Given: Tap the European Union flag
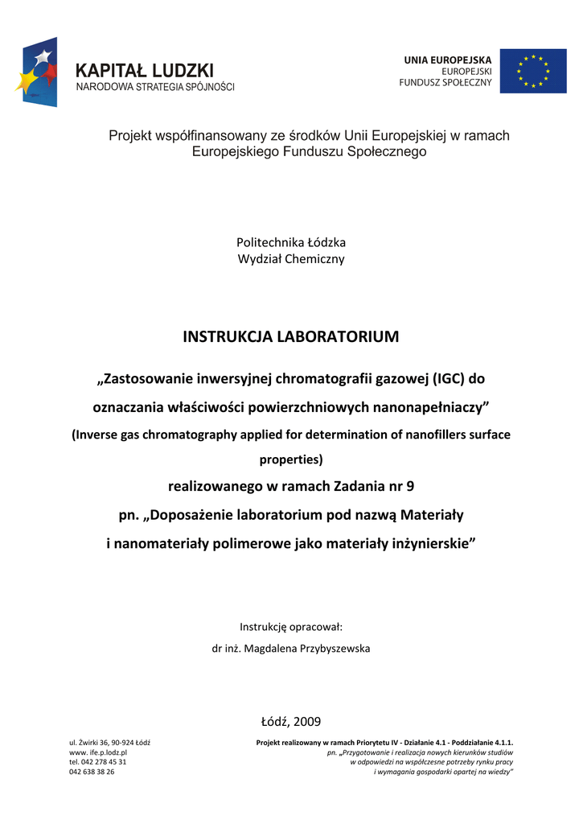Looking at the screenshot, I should (x=533, y=71).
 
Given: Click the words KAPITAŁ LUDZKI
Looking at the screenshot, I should (x=145, y=71).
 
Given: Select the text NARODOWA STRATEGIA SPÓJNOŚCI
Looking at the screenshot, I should (x=155, y=87).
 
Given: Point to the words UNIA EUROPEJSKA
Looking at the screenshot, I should (x=447, y=60).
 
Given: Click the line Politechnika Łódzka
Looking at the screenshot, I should (x=291, y=242).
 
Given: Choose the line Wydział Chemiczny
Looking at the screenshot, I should (x=291, y=259).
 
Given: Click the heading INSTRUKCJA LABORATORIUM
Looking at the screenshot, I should (x=291, y=336).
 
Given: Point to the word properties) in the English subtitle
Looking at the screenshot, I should (x=291, y=460).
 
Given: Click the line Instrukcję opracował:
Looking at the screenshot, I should (x=291, y=627).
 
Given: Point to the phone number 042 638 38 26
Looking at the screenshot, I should (x=92, y=772).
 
